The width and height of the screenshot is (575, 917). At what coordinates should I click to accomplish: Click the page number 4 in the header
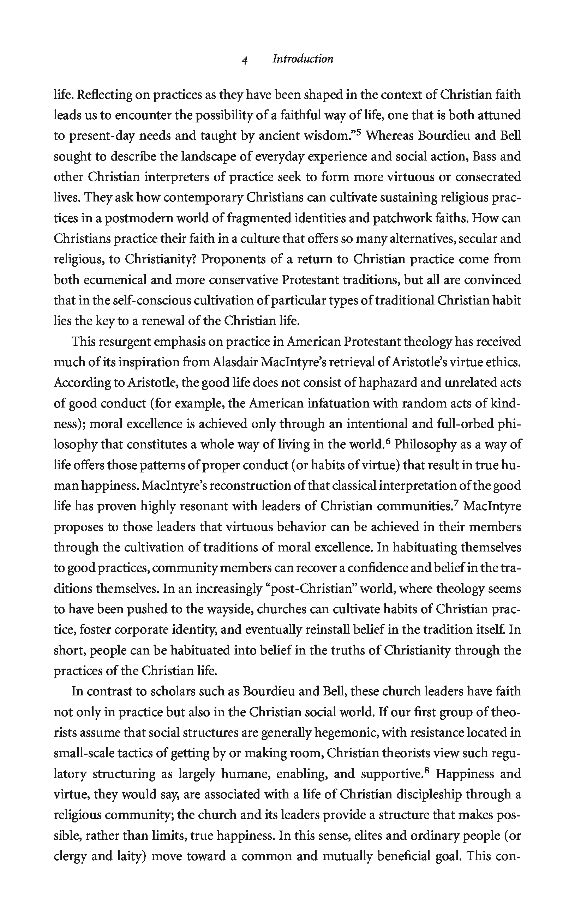(x=245, y=60)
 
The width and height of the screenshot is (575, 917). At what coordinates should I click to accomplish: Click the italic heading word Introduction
(x=303, y=59)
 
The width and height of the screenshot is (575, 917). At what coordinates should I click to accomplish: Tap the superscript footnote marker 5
(x=358, y=132)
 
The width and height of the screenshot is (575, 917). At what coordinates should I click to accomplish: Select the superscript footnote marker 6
(x=388, y=441)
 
